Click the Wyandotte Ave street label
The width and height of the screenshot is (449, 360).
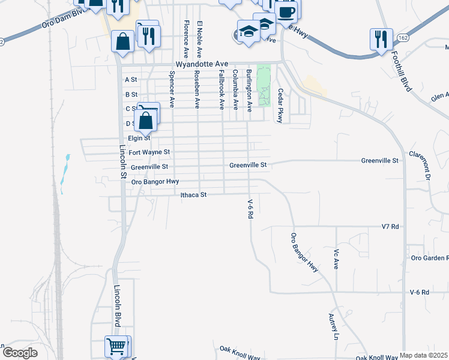(x=202, y=64)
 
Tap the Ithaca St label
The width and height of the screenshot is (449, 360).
(x=193, y=195)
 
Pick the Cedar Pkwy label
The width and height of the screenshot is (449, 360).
(x=279, y=106)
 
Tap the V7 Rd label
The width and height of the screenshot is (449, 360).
(x=390, y=227)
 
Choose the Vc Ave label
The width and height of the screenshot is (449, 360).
(x=336, y=259)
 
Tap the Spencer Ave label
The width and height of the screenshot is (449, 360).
(x=172, y=89)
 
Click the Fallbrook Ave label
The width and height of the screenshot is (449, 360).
(x=222, y=90)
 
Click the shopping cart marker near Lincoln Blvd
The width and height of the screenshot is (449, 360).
(x=118, y=346)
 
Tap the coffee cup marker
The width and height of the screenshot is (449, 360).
(x=286, y=11)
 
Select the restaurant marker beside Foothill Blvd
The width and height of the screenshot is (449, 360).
(x=381, y=39)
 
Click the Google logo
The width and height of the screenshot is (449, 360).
(x=20, y=352)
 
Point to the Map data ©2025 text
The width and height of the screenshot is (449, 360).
(x=424, y=355)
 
